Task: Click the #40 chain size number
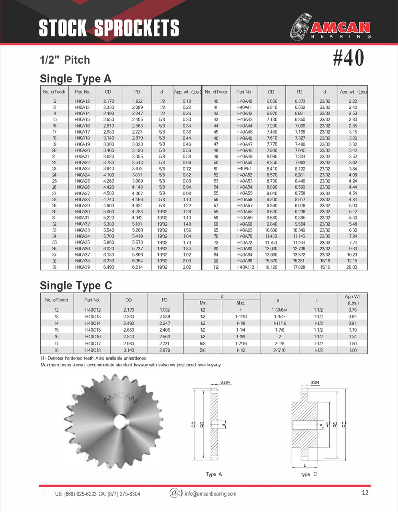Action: (348, 58)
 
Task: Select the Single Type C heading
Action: (76, 285)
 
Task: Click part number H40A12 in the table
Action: (82, 101)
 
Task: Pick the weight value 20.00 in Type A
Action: (352, 267)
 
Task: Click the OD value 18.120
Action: (271, 267)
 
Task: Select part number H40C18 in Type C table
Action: (93, 350)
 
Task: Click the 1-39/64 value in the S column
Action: (279, 310)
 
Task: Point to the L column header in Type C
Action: (316, 300)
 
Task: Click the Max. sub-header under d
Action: (241, 303)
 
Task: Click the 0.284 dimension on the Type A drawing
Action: (225, 382)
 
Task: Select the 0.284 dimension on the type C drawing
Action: (315, 382)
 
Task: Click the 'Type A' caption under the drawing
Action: (214, 474)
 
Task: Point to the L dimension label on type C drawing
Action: (304, 466)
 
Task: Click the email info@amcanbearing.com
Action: (210, 494)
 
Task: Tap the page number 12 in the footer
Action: (365, 493)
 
